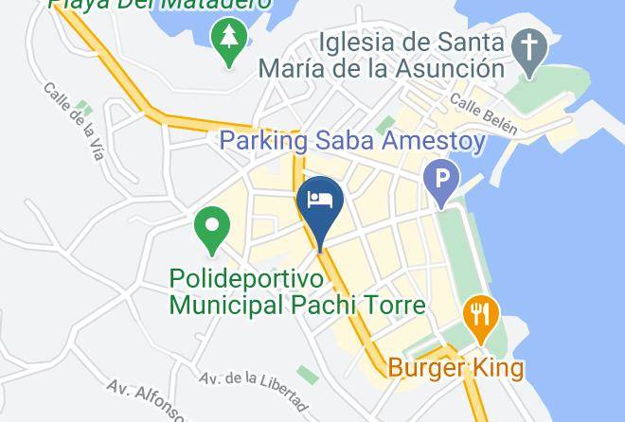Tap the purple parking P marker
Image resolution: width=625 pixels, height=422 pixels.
(x=441, y=178)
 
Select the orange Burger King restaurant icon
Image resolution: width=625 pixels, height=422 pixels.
(x=481, y=314)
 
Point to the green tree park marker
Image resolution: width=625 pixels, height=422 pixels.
(x=229, y=40)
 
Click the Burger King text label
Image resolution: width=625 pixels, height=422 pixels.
(x=456, y=367)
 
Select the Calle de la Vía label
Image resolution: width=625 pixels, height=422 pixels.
(x=73, y=119)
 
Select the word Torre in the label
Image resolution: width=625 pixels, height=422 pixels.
(x=393, y=305)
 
